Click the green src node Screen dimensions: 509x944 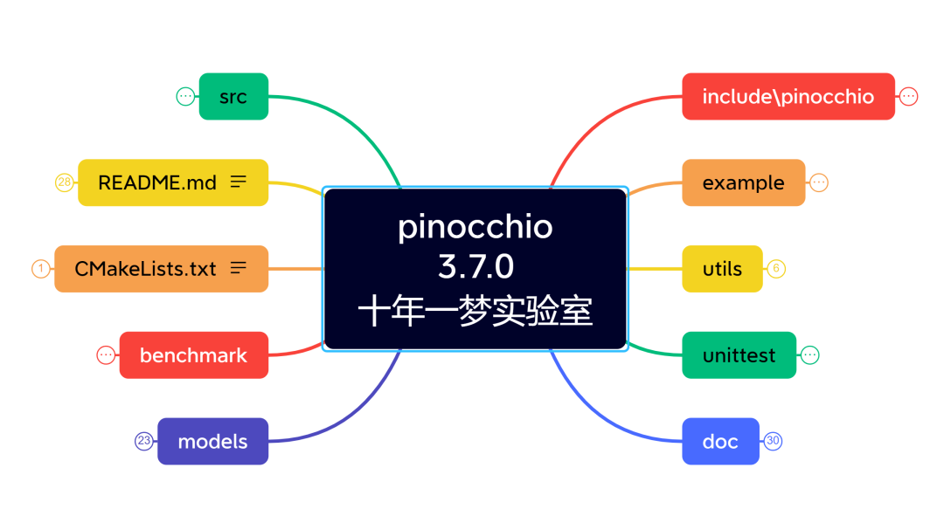(233, 96)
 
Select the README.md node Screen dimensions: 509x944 (173, 182)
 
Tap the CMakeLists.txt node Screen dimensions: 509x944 (161, 269)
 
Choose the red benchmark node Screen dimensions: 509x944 (193, 355)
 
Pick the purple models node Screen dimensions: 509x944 (212, 442)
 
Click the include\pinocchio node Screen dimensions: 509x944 (788, 96)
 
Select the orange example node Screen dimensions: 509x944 (743, 182)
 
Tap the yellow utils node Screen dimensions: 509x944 (722, 269)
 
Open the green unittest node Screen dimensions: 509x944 (739, 355)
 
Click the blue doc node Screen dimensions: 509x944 (720, 442)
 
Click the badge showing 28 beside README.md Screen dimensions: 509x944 (64, 182)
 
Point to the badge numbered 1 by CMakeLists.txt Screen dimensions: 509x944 (40, 269)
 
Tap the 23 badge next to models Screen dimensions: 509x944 (143, 442)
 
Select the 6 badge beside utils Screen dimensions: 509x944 (776, 269)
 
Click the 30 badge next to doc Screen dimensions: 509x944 (773, 442)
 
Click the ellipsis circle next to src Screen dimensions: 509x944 (185, 96)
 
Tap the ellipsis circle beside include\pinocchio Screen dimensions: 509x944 (909, 96)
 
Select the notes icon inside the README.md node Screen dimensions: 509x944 (238, 182)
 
